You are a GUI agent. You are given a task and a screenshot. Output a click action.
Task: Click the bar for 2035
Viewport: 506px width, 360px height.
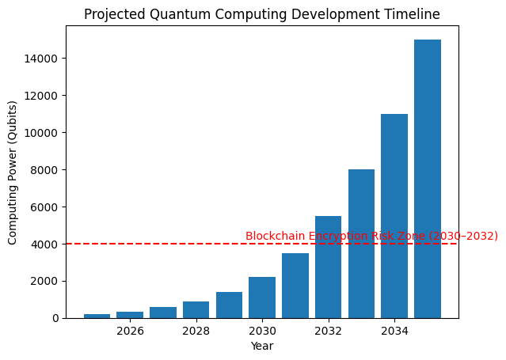(428, 179)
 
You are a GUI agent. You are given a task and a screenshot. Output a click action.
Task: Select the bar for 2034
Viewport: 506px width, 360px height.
(394, 216)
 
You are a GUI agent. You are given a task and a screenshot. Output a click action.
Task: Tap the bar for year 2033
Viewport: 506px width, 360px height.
(361, 244)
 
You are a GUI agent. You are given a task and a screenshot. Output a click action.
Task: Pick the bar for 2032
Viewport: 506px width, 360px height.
(328, 267)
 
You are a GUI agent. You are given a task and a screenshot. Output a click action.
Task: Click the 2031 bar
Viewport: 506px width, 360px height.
(295, 286)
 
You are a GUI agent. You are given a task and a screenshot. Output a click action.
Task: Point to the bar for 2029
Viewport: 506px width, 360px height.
(229, 305)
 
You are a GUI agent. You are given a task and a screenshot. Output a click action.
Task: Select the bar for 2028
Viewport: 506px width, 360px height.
(196, 310)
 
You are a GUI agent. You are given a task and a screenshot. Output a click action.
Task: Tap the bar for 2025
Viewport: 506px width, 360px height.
(97, 316)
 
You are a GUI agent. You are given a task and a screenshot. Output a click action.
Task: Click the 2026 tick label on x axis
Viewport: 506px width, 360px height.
(130, 331)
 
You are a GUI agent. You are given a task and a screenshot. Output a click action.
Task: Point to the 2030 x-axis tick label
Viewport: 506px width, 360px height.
(262, 331)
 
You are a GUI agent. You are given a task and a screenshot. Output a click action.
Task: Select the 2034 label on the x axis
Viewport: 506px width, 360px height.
(394, 331)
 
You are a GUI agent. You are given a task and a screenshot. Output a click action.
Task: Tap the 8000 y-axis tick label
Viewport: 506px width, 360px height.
(46, 170)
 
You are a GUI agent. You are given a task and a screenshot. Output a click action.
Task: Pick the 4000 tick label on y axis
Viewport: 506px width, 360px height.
(46, 244)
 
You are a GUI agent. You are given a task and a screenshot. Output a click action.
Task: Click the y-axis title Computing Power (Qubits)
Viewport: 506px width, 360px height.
(13, 172)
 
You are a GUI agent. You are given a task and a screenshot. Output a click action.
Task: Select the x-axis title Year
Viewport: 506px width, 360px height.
(262, 346)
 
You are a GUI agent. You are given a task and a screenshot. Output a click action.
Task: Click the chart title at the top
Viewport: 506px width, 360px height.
(262, 14)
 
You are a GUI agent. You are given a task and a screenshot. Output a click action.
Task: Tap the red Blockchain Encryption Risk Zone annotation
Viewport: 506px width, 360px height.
(371, 236)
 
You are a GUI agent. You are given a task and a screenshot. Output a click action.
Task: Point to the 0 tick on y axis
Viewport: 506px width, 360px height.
(55, 318)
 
